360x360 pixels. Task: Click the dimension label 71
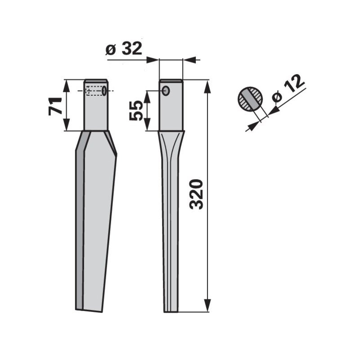tap(55, 106)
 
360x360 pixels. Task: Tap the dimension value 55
tap(136, 110)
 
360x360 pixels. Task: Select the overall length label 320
tap(197, 194)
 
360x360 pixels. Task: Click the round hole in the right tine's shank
tap(166, 91)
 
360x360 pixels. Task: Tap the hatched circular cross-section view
tap(250, 99)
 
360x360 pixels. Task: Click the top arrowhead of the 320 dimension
tap(207, 87)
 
